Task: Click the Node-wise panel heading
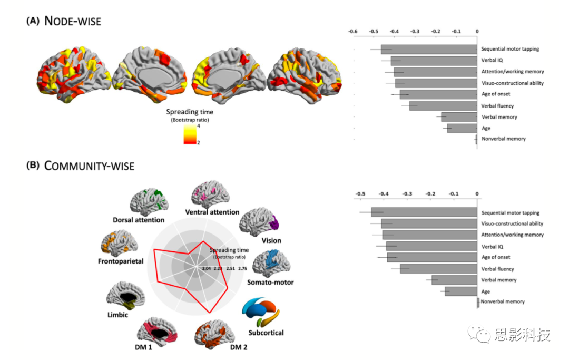click(73, 21)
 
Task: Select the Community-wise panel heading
click(89, 166)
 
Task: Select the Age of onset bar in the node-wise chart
click(438, 94)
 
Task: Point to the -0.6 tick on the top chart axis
click(352, 32)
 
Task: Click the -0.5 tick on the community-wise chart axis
click(360, 193)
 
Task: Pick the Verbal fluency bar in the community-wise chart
click(438, 269)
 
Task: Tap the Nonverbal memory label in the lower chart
click(503, 302)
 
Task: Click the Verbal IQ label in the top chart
click(492, 61)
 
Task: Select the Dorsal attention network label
click(139, 220)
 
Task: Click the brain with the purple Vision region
click(259, 222)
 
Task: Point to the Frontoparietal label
click(121, 261)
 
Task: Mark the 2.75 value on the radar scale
click(243, 269)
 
